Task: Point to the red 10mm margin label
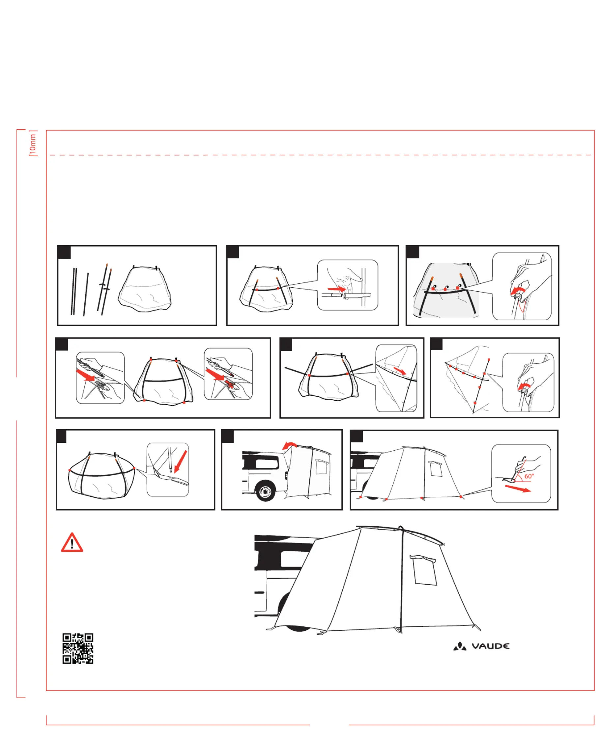[x=33, y=144]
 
